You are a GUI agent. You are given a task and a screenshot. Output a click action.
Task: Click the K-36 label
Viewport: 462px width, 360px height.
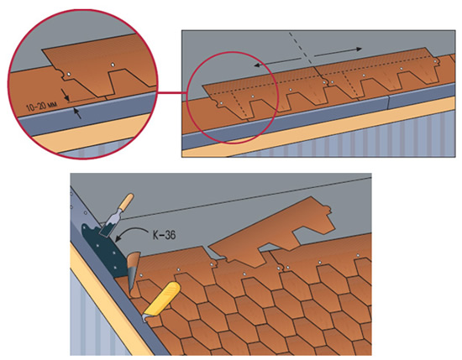(x=164, y=235)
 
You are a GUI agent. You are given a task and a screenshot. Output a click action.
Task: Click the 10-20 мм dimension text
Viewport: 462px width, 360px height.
(x=41, y=106)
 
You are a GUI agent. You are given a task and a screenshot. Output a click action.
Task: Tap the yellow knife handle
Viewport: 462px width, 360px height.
(x=162, y=298)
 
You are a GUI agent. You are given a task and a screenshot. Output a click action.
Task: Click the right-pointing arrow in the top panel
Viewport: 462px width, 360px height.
(x=338, y=52)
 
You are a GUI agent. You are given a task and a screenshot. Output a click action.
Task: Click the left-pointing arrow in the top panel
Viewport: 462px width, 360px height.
(x=277, y=62)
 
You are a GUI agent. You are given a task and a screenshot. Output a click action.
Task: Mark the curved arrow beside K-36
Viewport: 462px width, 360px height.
(x=131, y=233)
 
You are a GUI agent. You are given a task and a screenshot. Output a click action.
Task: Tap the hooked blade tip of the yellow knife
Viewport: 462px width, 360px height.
(x=144, y=318)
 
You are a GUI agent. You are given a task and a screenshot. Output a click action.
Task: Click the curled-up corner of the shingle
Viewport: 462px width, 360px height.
(x=134, y=272)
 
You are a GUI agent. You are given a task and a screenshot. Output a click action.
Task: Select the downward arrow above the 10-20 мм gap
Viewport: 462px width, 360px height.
(x=65, y=94)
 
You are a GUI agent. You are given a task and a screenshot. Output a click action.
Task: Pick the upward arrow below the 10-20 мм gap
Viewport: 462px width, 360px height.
(x=77, y=113)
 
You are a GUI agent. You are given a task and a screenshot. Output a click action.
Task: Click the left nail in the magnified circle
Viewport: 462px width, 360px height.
(x=68, y=75)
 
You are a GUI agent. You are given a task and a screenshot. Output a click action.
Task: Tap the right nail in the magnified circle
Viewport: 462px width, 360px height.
(x=113, y=65)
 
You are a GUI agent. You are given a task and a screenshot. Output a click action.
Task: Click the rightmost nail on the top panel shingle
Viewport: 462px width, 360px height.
(x=435, y=60)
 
